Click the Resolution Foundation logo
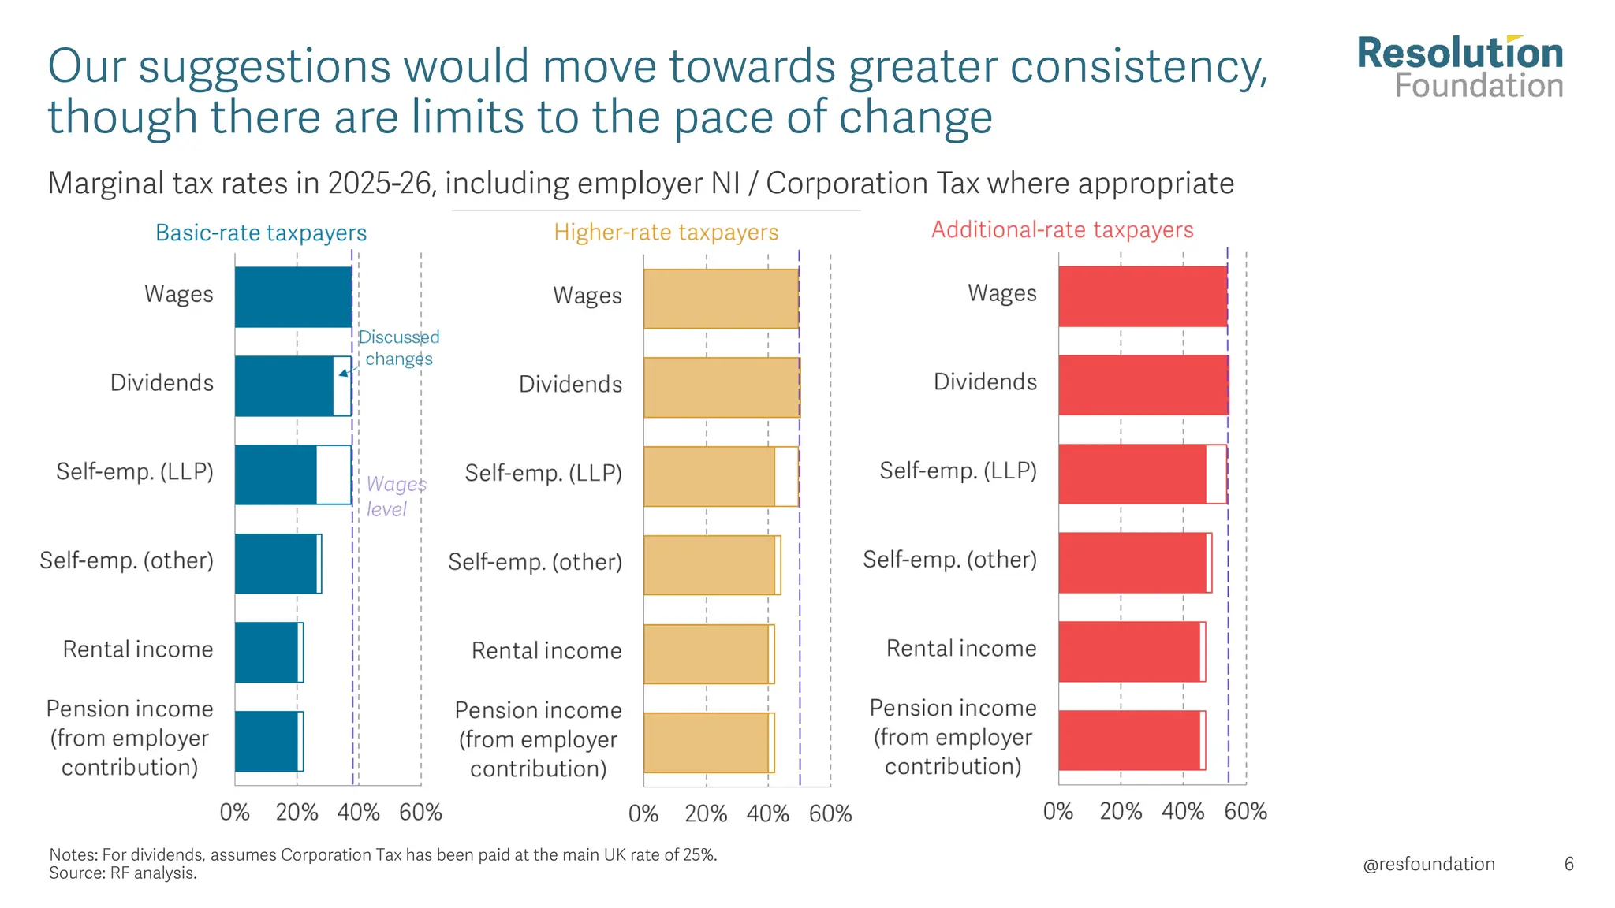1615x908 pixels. click(1460, 68)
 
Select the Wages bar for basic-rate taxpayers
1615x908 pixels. click(293, 297)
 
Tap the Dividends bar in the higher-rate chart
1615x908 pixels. click(721, 388)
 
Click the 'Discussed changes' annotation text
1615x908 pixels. click(399, 348)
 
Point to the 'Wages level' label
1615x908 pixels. click(395, 497)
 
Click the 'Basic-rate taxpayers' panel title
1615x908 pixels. click(261, 233)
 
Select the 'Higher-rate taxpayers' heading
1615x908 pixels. click(666, 233)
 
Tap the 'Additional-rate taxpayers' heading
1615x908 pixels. click(1062, 230)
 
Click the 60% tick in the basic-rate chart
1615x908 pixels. click(420, 813)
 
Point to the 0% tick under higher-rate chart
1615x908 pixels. click(643, 814)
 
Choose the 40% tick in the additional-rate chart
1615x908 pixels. click(1183, 812)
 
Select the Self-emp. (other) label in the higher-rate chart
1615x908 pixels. click(535, 562)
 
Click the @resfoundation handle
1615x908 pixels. click(1428, 865)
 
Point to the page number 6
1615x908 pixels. click(1568, 865)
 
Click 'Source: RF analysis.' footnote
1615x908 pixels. click(123, 873)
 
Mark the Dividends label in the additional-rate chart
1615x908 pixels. click(985, 382)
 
